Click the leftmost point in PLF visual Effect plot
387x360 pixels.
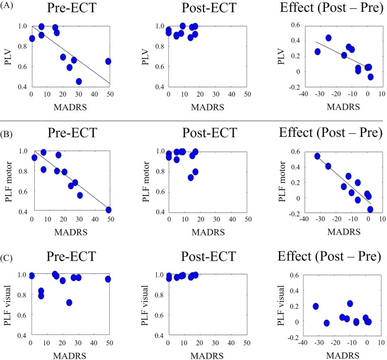click(x=316, y=306)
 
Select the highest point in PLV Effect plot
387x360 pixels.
click(x=328, y=38)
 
